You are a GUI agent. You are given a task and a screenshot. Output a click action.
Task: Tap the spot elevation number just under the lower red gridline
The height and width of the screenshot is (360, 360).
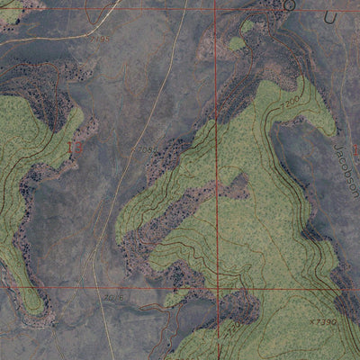pyautogui.click(x=112, y=297)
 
